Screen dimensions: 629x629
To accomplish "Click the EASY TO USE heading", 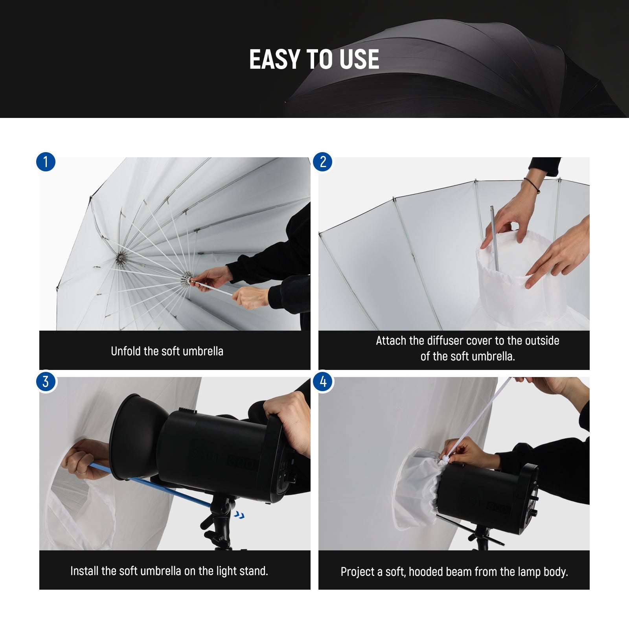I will point(314,59).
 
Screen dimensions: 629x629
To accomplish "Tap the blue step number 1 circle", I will point(46,162).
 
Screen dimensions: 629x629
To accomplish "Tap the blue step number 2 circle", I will point(323,162).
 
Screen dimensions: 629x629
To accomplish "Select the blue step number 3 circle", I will point(46,382).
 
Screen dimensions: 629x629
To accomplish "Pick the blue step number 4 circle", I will point(323,382).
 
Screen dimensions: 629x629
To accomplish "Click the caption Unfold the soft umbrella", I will point(167,351).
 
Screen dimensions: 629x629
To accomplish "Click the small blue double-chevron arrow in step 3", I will point(239,515).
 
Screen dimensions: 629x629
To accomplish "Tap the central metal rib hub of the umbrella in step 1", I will point(121,259).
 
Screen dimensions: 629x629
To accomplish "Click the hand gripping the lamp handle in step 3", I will point(289,421).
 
